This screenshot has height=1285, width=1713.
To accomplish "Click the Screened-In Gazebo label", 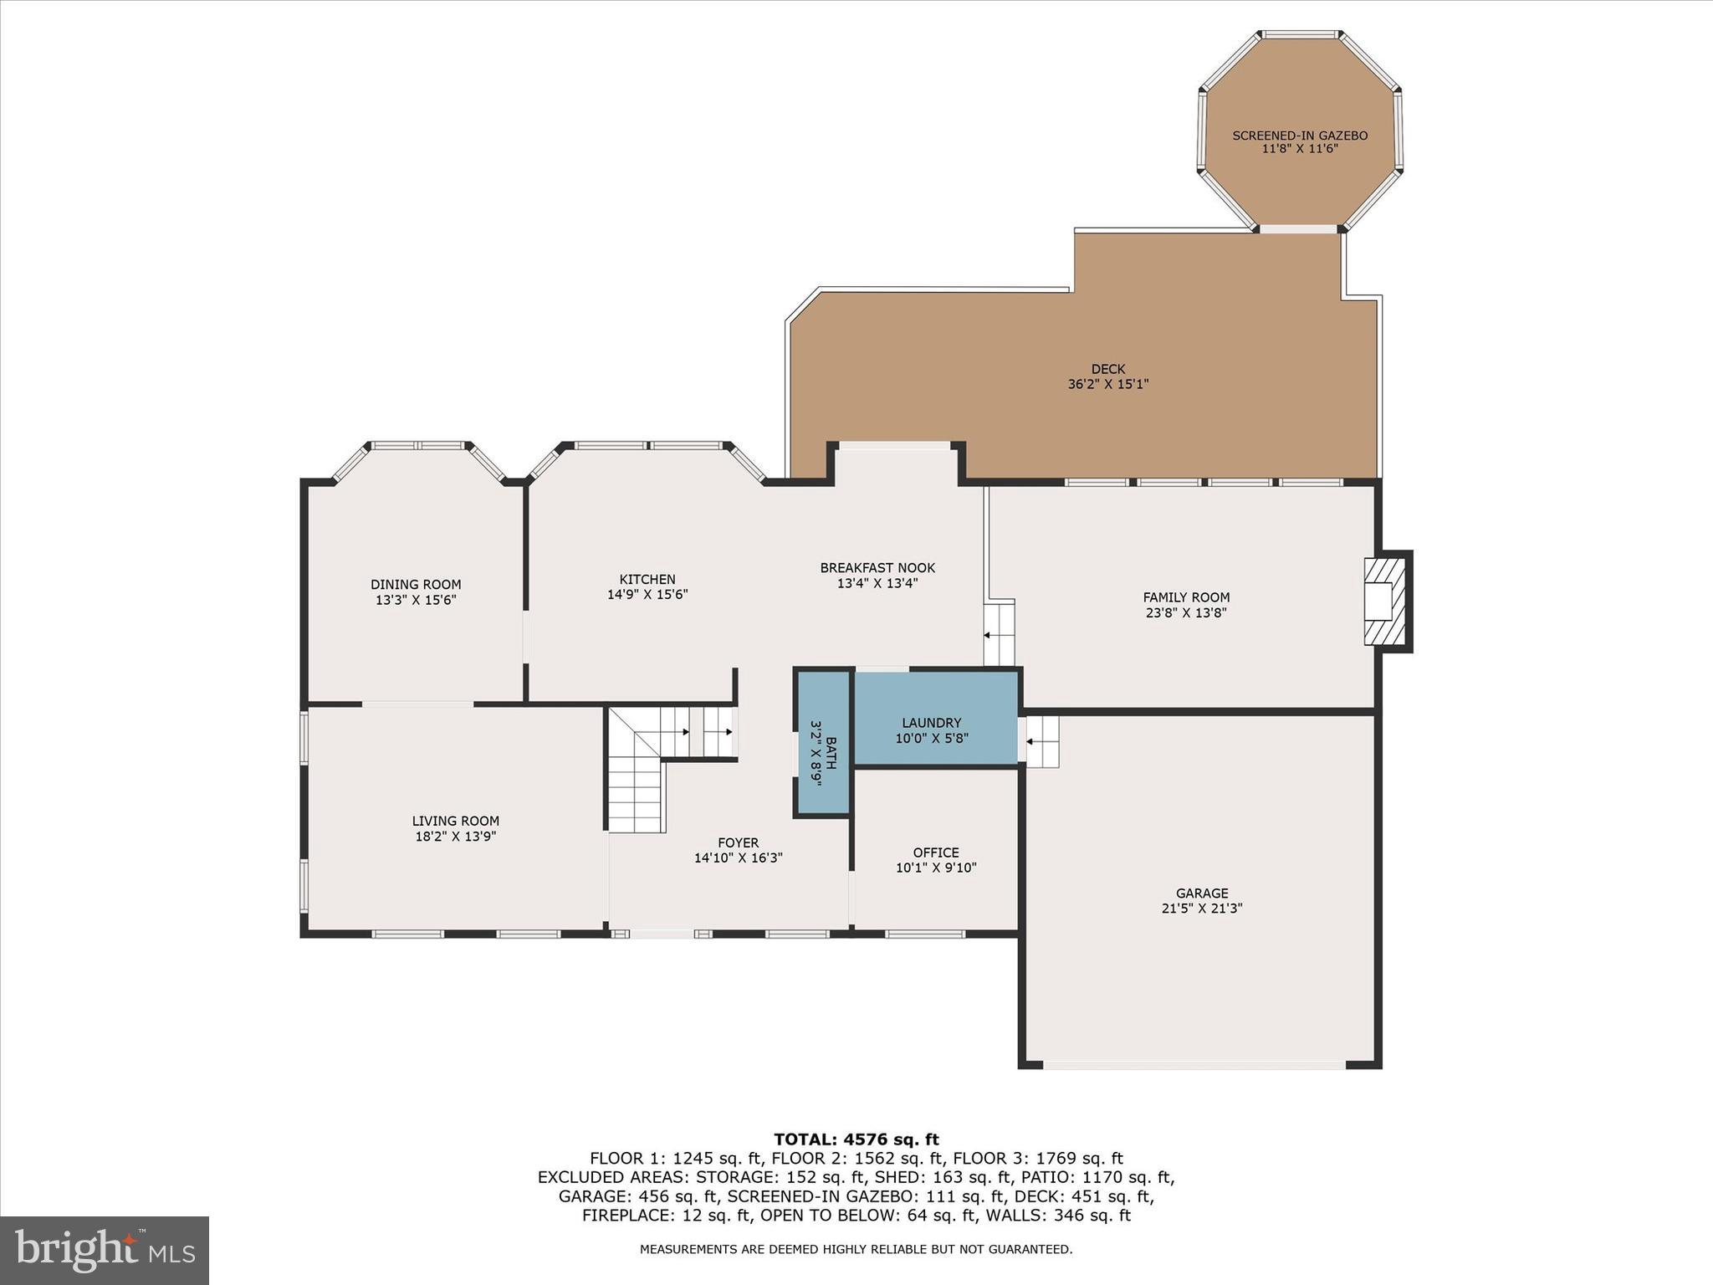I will pos(1300,136).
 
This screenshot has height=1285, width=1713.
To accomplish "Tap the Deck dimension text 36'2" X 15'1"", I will pos(1108,385).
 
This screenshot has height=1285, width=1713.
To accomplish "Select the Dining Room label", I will pos(416,585).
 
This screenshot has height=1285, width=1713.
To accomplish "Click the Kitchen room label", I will pos(647,579).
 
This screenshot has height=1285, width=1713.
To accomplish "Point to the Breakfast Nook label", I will pos(877,568).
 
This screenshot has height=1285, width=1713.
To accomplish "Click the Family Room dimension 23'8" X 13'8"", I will pos(1186,612).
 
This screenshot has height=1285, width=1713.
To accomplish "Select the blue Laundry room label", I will pos(932,723).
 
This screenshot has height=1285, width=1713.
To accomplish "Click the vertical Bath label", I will pos(831,745).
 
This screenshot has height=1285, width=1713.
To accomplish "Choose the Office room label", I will pos(936,852).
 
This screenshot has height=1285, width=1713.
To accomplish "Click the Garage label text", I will pos(1202,893).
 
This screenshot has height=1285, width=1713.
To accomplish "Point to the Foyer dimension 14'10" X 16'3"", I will pos(738,858).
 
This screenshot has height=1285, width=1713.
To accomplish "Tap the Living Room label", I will pos(456,821).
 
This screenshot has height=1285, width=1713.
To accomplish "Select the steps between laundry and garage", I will pos(1041,741).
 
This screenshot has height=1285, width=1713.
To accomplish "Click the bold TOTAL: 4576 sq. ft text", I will pos(856,1139).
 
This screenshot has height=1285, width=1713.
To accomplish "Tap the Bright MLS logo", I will pos(105,1251).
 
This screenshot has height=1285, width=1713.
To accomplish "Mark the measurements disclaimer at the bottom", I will pos(856,1249).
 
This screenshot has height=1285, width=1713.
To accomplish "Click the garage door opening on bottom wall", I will pos(1194,1065).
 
